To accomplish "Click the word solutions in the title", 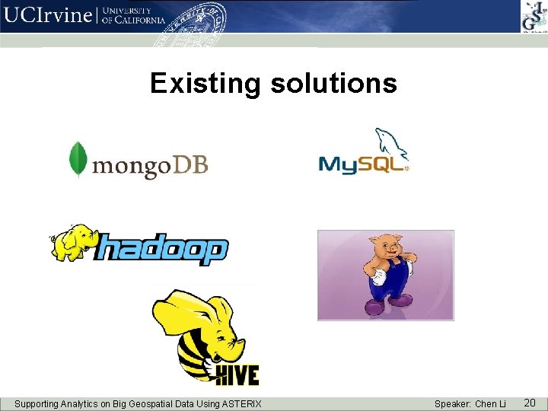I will coord(333,83).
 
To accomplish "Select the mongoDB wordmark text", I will coord(150,164).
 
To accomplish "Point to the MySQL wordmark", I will coord(361,164).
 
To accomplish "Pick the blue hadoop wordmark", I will coord(163,250).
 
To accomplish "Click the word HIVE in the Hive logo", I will coord(235,374).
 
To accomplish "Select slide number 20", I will coord(530,402).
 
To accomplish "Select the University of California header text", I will coord(132,16).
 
